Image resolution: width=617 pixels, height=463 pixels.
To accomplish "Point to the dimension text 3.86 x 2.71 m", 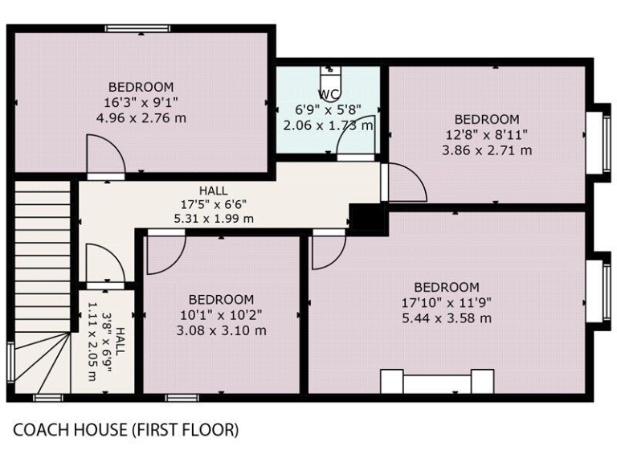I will coord(487,150).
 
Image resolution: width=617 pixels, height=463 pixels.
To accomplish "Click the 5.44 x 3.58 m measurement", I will coord(447,318).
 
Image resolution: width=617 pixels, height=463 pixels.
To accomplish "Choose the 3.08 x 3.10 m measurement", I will coord(222,330).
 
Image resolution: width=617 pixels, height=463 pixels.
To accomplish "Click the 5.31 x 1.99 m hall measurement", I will coord(213,218).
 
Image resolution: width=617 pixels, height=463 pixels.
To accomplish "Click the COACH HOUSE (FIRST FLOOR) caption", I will coord(125,431).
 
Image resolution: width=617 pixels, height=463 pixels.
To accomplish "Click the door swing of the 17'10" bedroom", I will coord(327,252).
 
